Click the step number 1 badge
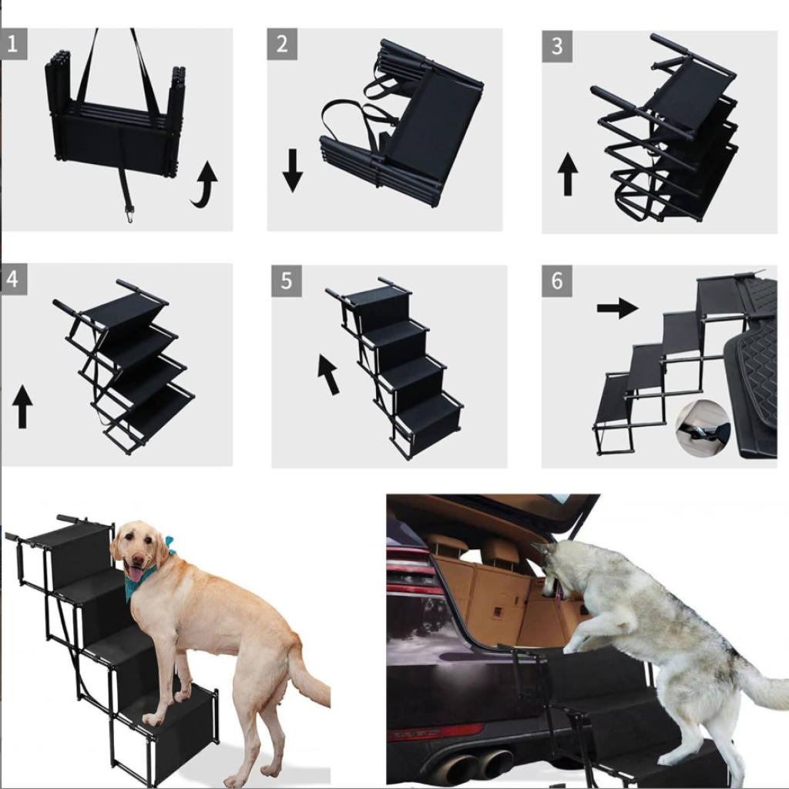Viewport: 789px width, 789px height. (x=14, y=44)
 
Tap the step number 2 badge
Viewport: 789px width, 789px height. (x=282, y=44)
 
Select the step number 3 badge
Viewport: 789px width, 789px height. (x=557, y=46)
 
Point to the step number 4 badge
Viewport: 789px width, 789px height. (x=14, y=279)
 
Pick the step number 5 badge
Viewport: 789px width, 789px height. (x=287, y=280)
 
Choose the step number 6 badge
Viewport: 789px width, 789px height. (x=556, y=280)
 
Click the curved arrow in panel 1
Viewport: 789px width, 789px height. (x=205, y=185)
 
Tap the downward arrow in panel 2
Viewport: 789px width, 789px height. (x=292, y=170)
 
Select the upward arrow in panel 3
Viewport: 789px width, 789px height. (x=568, y=174)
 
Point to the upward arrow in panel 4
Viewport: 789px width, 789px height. (x=22, y=407)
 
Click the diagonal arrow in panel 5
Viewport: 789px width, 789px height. (x=328, y=374)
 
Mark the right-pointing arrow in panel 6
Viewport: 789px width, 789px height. (x=617, y=308)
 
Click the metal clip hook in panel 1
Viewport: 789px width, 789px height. (x=129, y=214)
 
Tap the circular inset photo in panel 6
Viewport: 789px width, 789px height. (x=703, y=428)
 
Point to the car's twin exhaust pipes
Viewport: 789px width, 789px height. (x=475, y=766)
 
